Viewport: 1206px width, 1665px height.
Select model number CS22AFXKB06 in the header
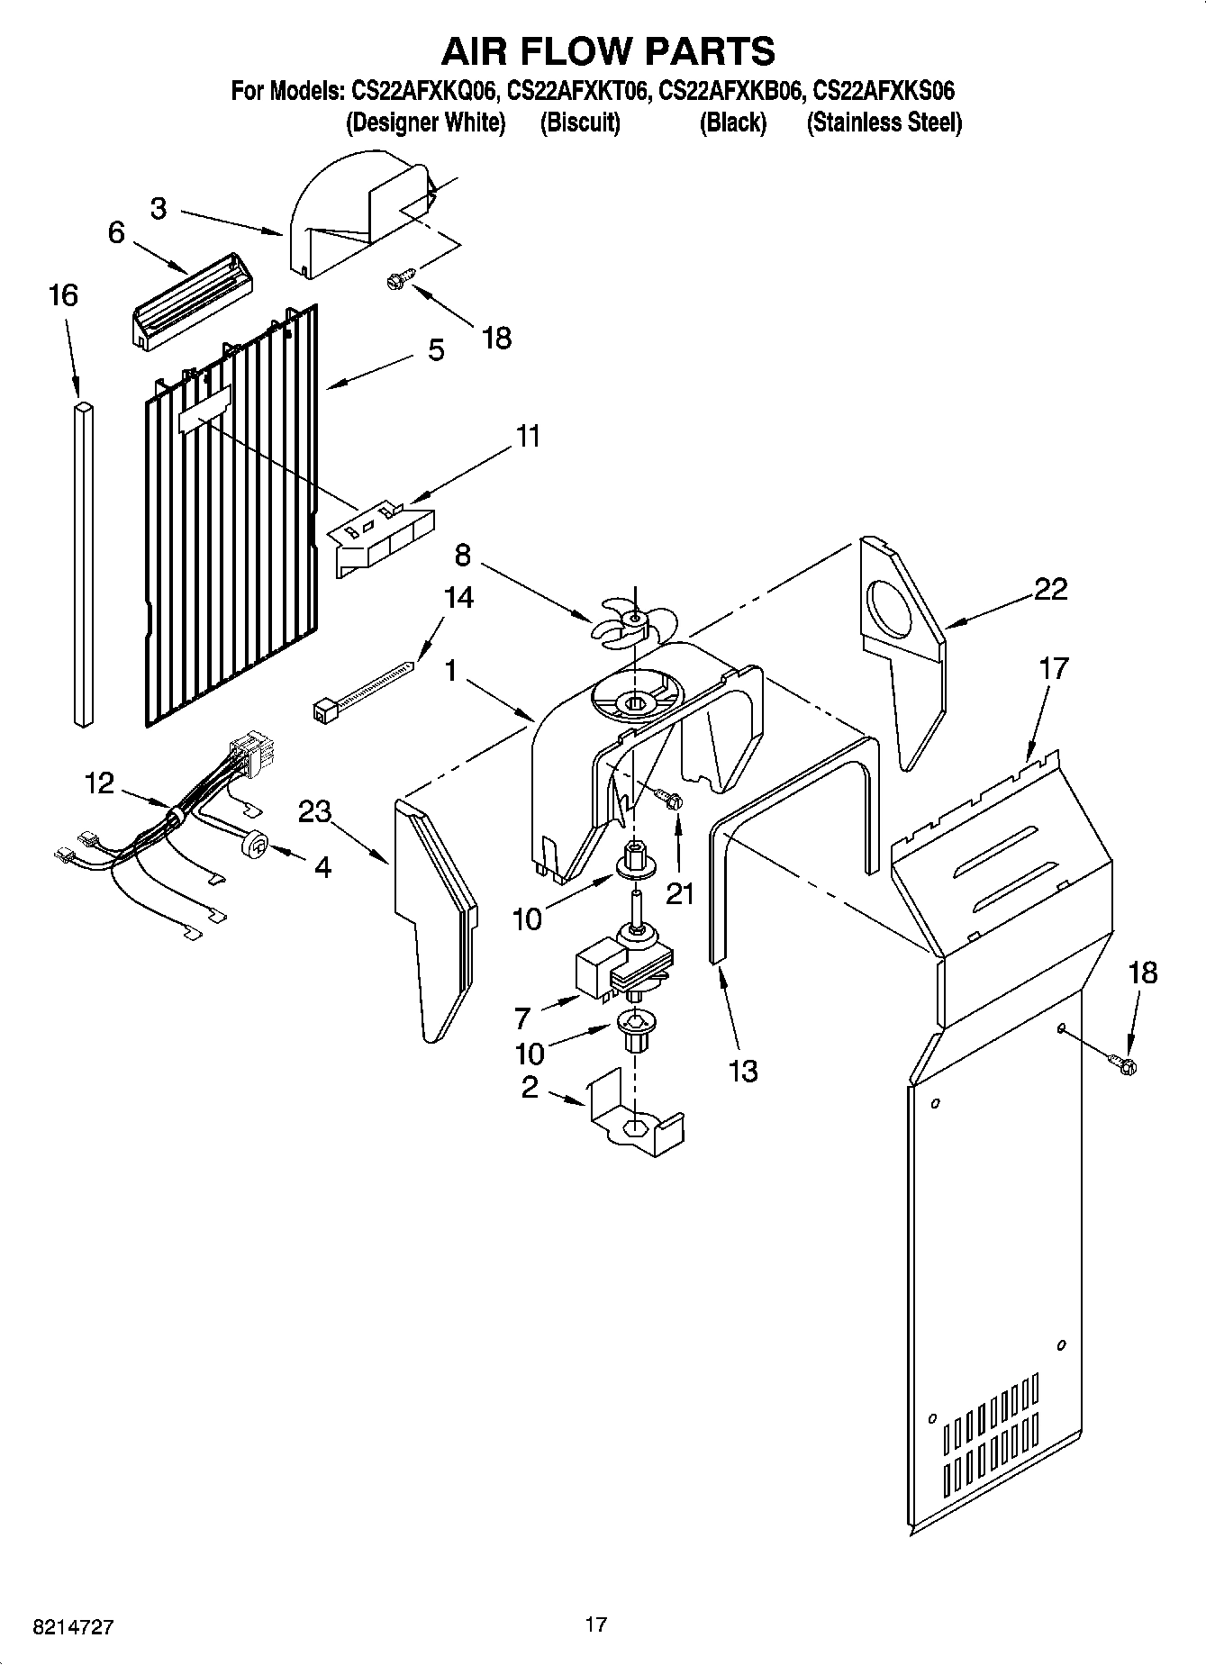click(x=731, y=91)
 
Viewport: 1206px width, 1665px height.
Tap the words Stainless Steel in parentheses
click(x=884, y=122)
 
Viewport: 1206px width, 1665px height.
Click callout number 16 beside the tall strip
click(x=63, y=295)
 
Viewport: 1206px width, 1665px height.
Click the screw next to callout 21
click(x=670, y=798)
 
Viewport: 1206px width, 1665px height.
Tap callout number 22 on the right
click(x=1050, y=590)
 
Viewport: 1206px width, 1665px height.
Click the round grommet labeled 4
click(x=255, y=844)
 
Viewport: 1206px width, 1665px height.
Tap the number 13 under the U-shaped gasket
click(x=743, y=1071)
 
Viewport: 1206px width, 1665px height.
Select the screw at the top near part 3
click(x=399, y=278)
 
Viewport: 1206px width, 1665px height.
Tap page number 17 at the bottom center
click(x=595, y=1624)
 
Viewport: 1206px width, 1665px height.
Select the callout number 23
click(x=315, y=811)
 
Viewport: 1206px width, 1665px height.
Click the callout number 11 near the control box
click(x=528, y=436)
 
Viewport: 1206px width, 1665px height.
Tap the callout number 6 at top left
click(x=116, y=232)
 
